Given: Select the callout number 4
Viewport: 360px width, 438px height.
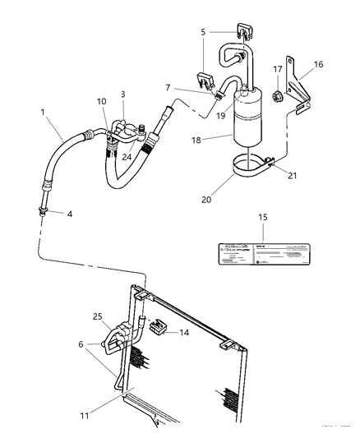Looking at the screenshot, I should point(70,214).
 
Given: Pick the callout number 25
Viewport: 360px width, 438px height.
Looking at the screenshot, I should point(98,316).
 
